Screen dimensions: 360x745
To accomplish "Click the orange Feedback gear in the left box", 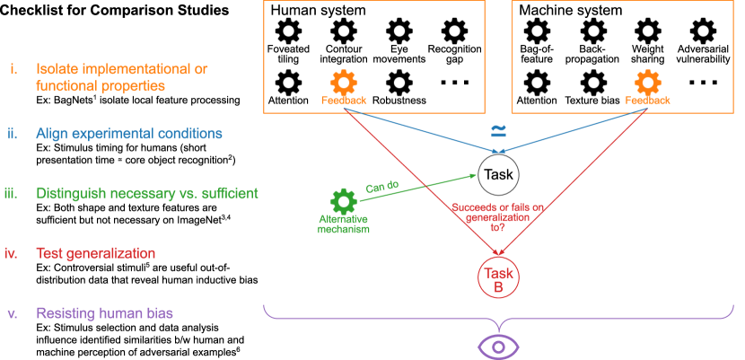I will coord(343,83).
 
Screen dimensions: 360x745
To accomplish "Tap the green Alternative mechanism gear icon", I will coord(342,200).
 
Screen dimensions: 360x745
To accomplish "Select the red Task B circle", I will coord(500,277).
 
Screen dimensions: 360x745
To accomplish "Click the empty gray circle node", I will coord(499,174).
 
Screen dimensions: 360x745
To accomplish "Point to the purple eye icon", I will coord(498,347).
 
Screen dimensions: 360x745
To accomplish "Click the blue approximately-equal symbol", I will coord(498,131).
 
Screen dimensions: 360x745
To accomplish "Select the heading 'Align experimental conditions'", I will coord(129,134).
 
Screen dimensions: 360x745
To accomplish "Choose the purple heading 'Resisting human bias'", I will coord(104,314).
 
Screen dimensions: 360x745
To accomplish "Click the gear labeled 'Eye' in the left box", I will coord(399,31).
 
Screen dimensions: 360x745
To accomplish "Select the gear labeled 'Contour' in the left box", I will coord(343,31).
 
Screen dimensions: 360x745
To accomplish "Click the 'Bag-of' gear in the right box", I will coord(537,31).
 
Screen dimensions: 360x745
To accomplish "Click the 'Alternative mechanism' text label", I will coord(343,224).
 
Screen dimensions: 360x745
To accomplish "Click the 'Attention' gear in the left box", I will coord(288,83).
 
